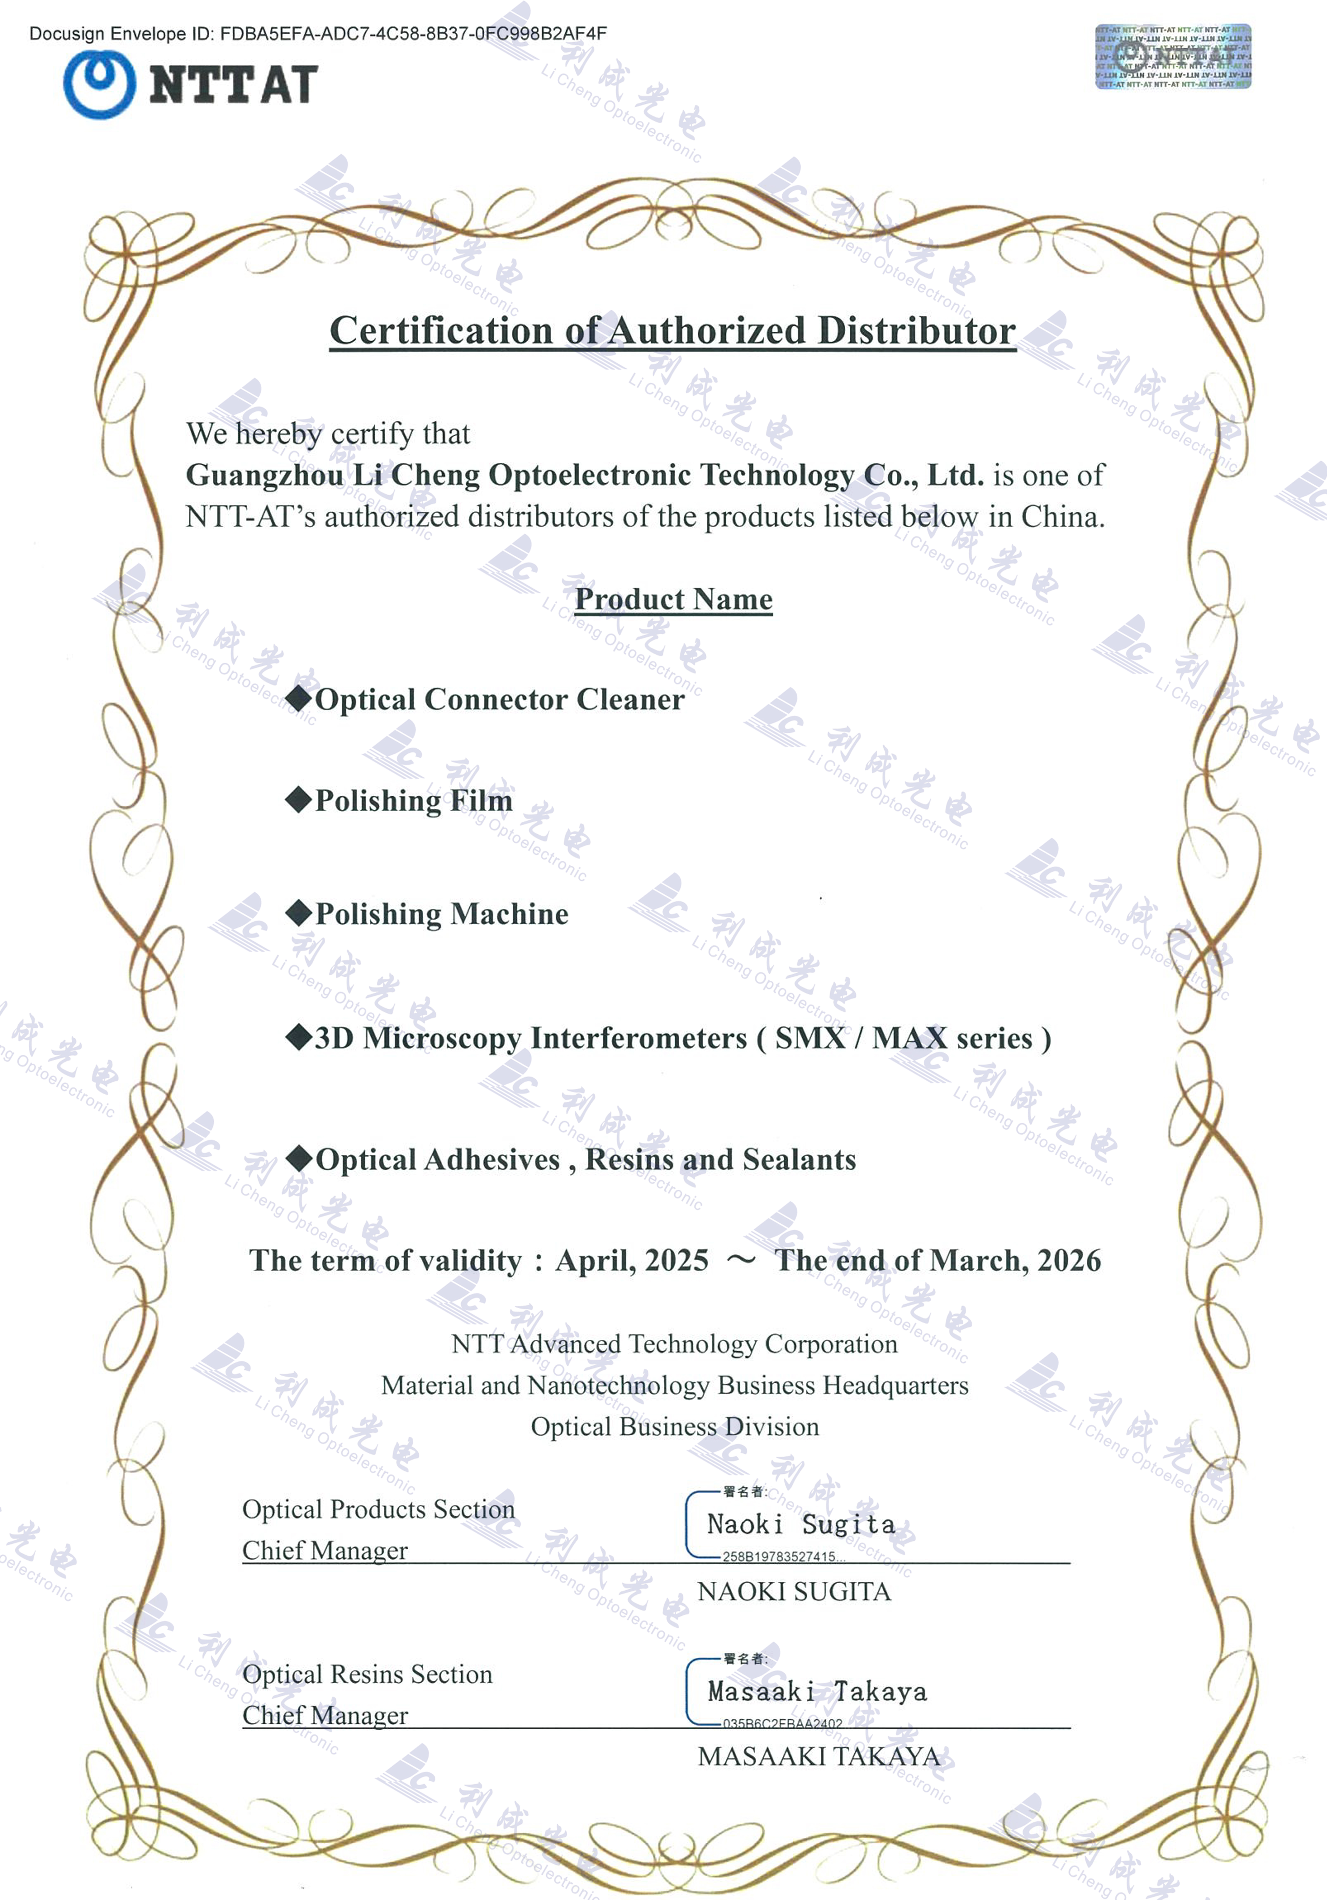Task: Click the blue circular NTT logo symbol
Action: click(99, 84)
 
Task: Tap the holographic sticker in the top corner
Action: click(1173, 56)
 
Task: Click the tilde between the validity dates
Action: click(741, 1260)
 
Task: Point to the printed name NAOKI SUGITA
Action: click(794, 1591)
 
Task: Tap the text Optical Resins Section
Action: click(367, 1674)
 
